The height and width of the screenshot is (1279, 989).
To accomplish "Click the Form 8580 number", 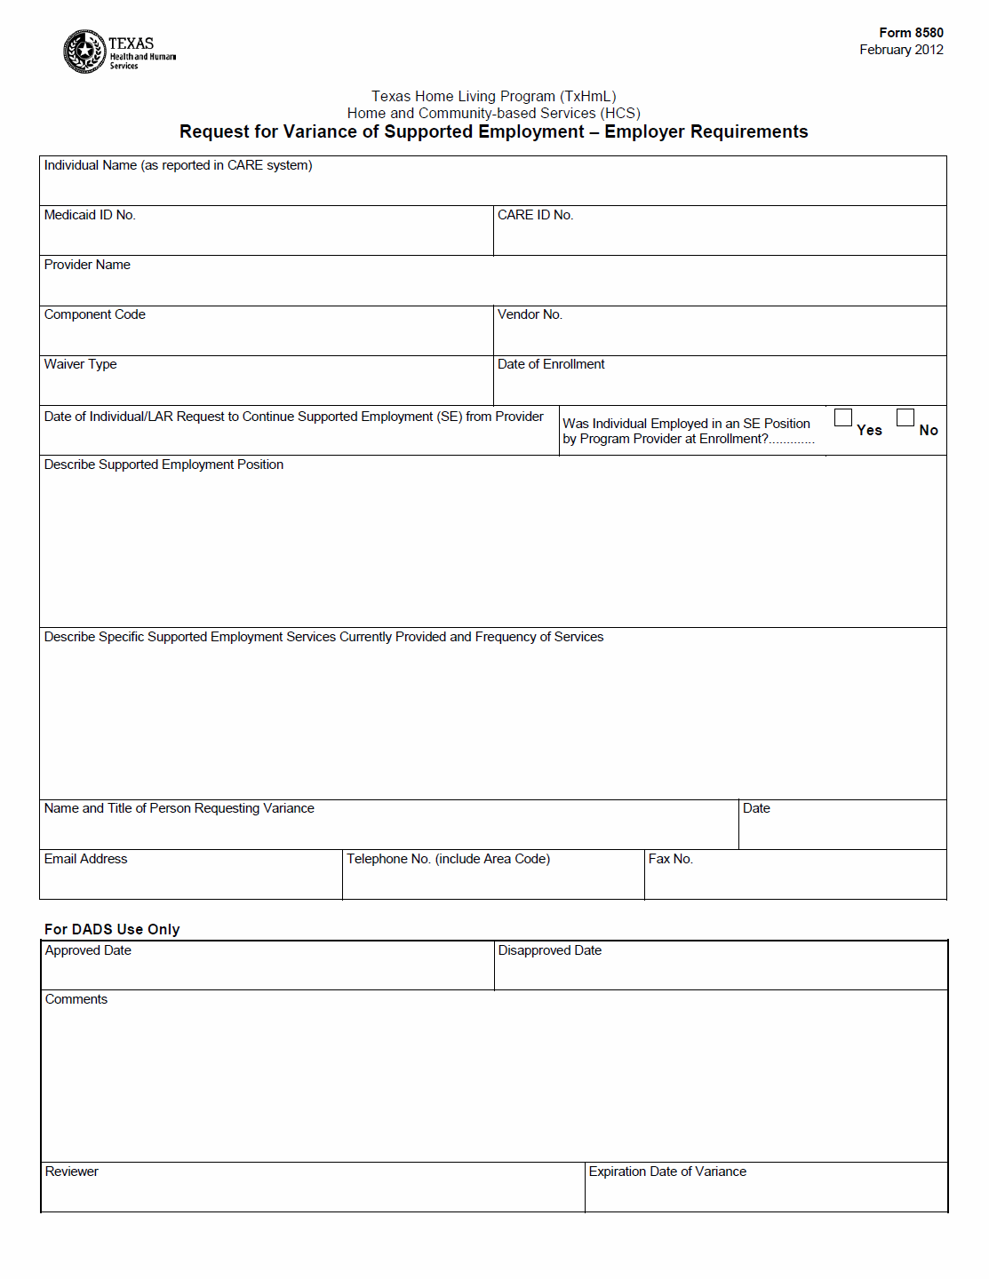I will [x=911, y=33].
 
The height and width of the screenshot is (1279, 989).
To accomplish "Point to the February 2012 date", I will [x=901, y=50].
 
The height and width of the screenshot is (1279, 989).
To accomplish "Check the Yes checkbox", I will [x=843, y=417].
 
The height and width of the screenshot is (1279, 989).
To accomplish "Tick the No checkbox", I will [x=905, y=417].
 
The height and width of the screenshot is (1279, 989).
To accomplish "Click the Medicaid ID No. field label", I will [x=90, y=215].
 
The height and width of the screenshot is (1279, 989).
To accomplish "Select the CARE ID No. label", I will [x=535, y=215].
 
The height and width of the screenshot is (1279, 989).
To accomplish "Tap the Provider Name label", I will [x=87, y=265].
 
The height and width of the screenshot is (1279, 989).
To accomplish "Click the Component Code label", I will [x=95, y=314].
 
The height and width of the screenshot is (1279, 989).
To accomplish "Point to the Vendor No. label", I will [x=530, y=314].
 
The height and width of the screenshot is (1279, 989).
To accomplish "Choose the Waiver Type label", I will [x=80, y=364].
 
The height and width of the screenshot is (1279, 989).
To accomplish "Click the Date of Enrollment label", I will [x=551, y=364].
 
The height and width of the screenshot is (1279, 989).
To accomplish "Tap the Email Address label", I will [x=85, y=859].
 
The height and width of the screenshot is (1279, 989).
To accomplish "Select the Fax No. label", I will [x=671, y=859].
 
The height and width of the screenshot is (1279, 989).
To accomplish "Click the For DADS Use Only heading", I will [x=112, y=929].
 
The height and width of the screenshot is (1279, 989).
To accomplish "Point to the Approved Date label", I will [x=88, y=950].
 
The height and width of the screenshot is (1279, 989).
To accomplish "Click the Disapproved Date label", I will [x=550, y=950].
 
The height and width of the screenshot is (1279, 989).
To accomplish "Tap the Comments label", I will [x=76, y=999].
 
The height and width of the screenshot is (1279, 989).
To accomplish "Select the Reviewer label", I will [x=72, y=1172].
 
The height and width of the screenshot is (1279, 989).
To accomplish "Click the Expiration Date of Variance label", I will [x=667, y=1172].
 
